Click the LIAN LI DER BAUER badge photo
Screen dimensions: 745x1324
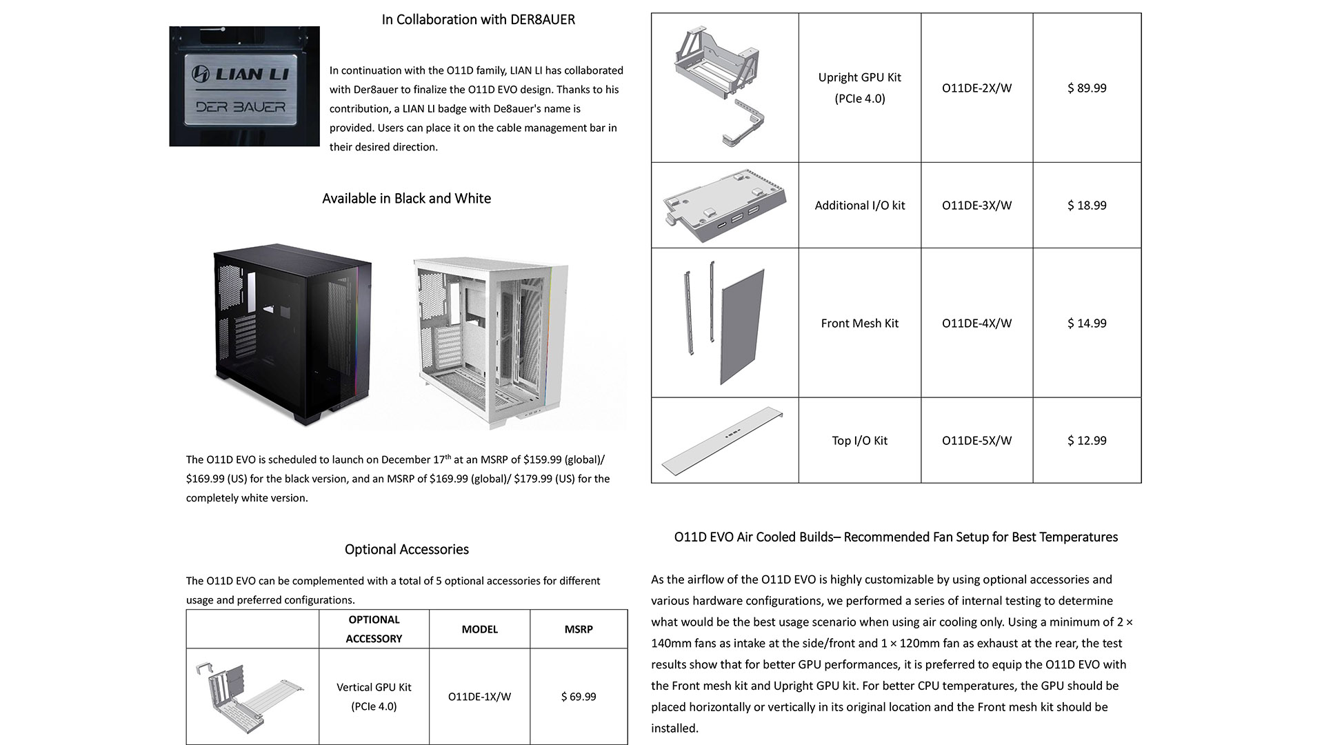244,86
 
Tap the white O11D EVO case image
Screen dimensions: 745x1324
491,341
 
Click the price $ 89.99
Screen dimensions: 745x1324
1087,88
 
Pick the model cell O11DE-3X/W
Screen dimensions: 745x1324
976,206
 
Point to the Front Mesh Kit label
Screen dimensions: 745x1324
859,324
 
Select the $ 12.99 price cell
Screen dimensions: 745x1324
1087,441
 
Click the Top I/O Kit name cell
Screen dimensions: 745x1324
859,441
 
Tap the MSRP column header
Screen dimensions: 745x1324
579,629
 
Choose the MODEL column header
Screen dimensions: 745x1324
479,629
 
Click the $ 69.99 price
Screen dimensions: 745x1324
579,697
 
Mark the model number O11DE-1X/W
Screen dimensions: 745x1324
479,697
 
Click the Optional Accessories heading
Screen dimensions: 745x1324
406,550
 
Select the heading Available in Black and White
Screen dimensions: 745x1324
406,199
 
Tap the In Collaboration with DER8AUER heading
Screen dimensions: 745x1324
478,20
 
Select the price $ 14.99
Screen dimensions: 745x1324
1087,324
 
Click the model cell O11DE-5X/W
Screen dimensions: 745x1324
976,441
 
